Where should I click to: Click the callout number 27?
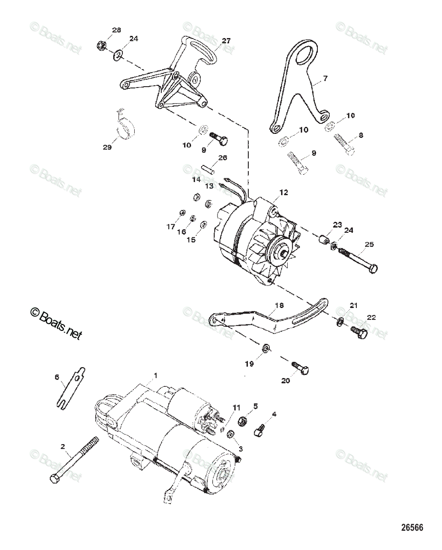226,41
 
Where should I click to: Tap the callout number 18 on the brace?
279,305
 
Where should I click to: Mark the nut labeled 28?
102,45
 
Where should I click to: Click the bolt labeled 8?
344,143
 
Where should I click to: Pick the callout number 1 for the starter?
155,375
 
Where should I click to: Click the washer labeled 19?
265,349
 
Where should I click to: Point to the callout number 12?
284,193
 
